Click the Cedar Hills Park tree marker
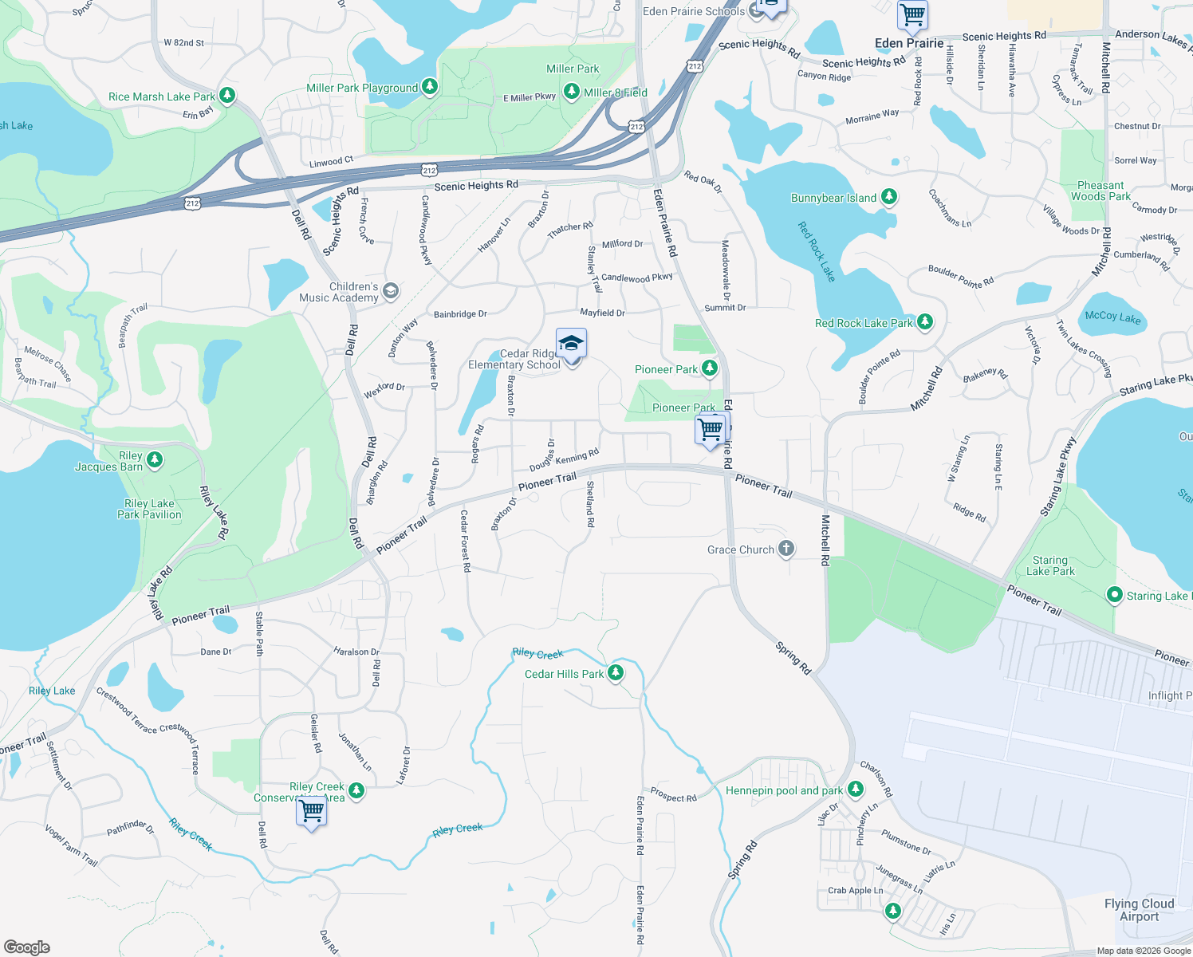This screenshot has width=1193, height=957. (x=616, y=673)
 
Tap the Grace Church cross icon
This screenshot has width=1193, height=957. (x=785, y=549)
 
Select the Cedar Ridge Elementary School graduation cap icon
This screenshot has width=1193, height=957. (x=571, y=344)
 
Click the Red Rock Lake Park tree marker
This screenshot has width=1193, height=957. (x=924, y=322)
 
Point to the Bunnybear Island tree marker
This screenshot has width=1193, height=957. (x=888, y=197)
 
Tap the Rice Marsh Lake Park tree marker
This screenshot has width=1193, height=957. (x=227, y=96)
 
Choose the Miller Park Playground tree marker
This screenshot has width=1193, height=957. (x=430, y=86)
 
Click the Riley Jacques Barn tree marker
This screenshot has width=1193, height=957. (x=155, y=460)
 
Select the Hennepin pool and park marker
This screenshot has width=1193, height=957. (x=856, y=790)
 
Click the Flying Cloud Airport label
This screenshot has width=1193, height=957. (x=1139, y=910)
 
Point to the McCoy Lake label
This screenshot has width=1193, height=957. (x=1112, y=317)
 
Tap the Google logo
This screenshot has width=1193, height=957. (x=27, y=947)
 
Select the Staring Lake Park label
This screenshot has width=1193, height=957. (x=1049, y=565)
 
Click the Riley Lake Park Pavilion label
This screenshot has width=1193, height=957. (x=149, y=509)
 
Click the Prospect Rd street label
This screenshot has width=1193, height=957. (x=673, y=795)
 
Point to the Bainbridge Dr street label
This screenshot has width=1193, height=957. (x=460, y=314)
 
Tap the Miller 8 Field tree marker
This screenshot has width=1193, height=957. (x=571, y=93)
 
